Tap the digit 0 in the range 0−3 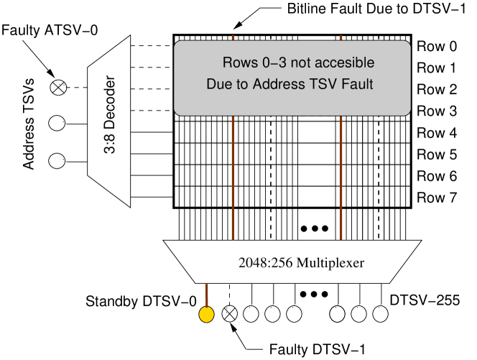pos(266,63)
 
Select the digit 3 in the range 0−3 pos(283,63)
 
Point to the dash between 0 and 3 pos(274,64)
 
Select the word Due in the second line pos(219,84)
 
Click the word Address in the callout pos(279,84)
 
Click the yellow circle pos(206,315)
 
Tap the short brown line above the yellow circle pos(207,295)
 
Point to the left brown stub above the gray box pos(233,37)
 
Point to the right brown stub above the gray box pos(341,37)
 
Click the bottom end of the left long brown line pos(233,238)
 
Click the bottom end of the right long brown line pos(341,238)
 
